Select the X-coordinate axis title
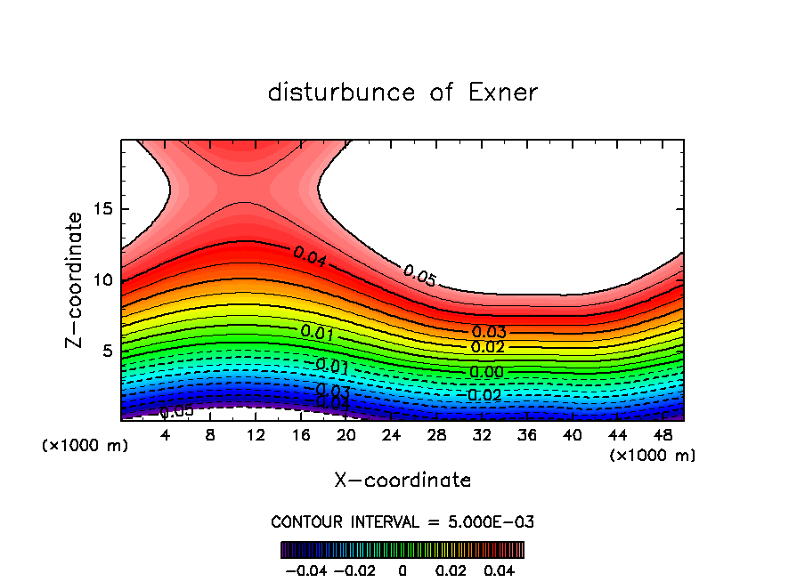click(402, 481)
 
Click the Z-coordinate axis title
click(77, 280)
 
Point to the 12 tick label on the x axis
click(256, 435)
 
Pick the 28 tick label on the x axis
click(436, 435)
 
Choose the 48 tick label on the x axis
click(662, 435)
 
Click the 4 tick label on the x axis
click(166, 435)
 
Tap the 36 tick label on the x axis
click(526, 435)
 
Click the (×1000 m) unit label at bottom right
click(653, 456)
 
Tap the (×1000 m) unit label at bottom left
click(85, 445)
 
